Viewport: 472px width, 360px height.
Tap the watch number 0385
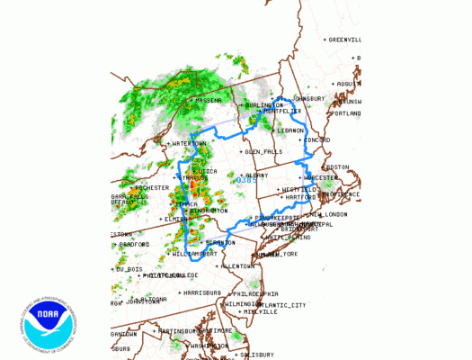pyautogui.click(x=246, y=181)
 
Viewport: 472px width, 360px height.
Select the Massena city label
pyautogui.click(x=208, y=100)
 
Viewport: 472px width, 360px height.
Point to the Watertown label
pyautogui.click(x=188, y=143)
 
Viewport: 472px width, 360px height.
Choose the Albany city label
pyautogui.click(x=258, y=175)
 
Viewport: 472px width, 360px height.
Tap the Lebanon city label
pyautogui.click(x=290, y=130)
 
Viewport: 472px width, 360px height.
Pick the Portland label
pyautogui.click(x=347, y=113)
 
